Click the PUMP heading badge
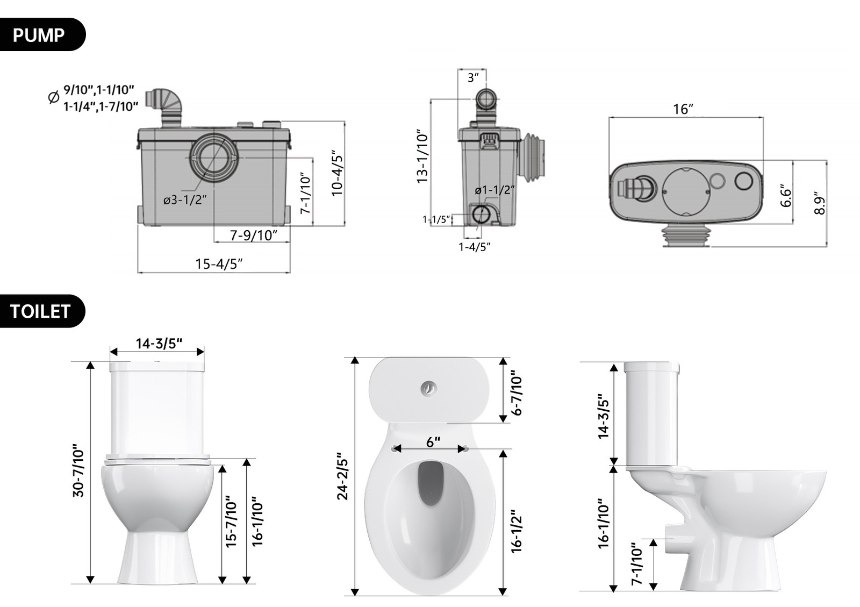[40, 35]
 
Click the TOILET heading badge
[41, 311]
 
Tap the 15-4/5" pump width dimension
[219, 264]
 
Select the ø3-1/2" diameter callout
[185, 200]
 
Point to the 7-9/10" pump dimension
[253, 235]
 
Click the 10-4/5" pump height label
[337, 173]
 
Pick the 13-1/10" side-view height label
[423, 156]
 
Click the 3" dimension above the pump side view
[472, 77]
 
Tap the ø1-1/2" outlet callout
[494, 190]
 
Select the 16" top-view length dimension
[683, 110]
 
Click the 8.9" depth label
[819, 203]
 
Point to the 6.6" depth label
[786, 196]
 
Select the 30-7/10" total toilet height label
[78, 470]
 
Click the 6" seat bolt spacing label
[433, 442]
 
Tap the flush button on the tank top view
[429, 388]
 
